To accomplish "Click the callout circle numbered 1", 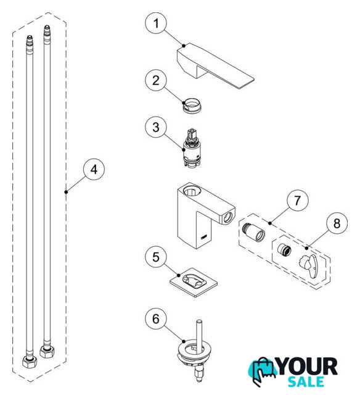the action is [156, 23].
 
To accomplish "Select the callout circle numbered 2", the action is [156, 80].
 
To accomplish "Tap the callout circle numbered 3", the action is [156, 127].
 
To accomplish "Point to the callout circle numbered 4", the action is [94, 169].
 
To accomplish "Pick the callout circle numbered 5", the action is [156, 257].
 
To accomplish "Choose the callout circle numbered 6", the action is [156, 318].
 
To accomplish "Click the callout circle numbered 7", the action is [298, 201].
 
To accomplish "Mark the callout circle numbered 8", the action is [337, 223].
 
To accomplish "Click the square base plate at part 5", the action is [194, 283].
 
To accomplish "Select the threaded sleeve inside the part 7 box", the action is [253, 232].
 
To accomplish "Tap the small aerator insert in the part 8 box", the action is [284, 249].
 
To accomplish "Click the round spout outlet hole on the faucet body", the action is [229, 217].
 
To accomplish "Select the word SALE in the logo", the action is [306, 382].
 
